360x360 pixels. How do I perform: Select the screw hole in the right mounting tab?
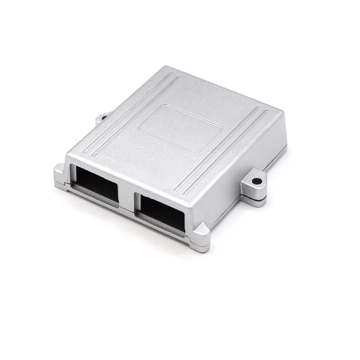coord(256,181)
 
